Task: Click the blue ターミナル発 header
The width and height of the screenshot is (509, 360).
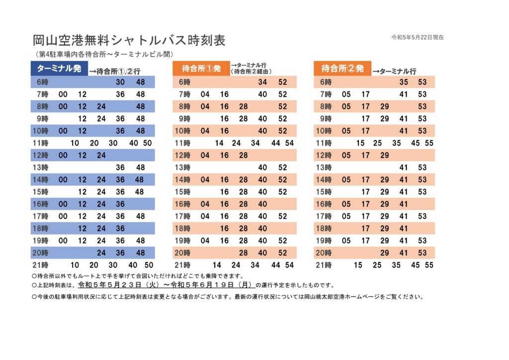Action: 59,69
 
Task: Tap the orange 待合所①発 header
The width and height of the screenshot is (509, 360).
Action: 201,69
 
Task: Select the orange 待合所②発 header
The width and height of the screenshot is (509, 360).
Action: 342,69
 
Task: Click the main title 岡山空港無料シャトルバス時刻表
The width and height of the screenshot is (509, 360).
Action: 129,40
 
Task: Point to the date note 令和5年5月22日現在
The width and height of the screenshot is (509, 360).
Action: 418,37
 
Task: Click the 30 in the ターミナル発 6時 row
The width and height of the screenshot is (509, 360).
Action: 120,82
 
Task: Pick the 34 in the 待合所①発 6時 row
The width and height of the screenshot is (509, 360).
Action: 262,82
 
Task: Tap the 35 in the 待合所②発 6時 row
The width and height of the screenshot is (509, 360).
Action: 404,82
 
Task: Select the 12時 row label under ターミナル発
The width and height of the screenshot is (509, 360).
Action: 41,156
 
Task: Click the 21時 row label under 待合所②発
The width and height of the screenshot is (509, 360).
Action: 324,265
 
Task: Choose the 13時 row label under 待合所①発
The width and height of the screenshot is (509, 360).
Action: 182,168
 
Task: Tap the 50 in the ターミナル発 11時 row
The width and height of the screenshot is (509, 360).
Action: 147,143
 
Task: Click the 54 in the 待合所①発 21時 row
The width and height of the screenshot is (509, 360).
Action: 290,265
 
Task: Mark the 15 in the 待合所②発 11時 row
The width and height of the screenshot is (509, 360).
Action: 360,143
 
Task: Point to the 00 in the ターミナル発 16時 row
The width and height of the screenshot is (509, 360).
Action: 63,204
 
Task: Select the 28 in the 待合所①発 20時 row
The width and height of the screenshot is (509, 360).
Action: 244,253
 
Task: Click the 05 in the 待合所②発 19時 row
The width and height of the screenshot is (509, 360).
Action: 346,241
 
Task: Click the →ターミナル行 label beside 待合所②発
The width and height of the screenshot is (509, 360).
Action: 394,72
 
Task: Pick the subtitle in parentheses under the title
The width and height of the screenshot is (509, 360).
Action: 104,54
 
